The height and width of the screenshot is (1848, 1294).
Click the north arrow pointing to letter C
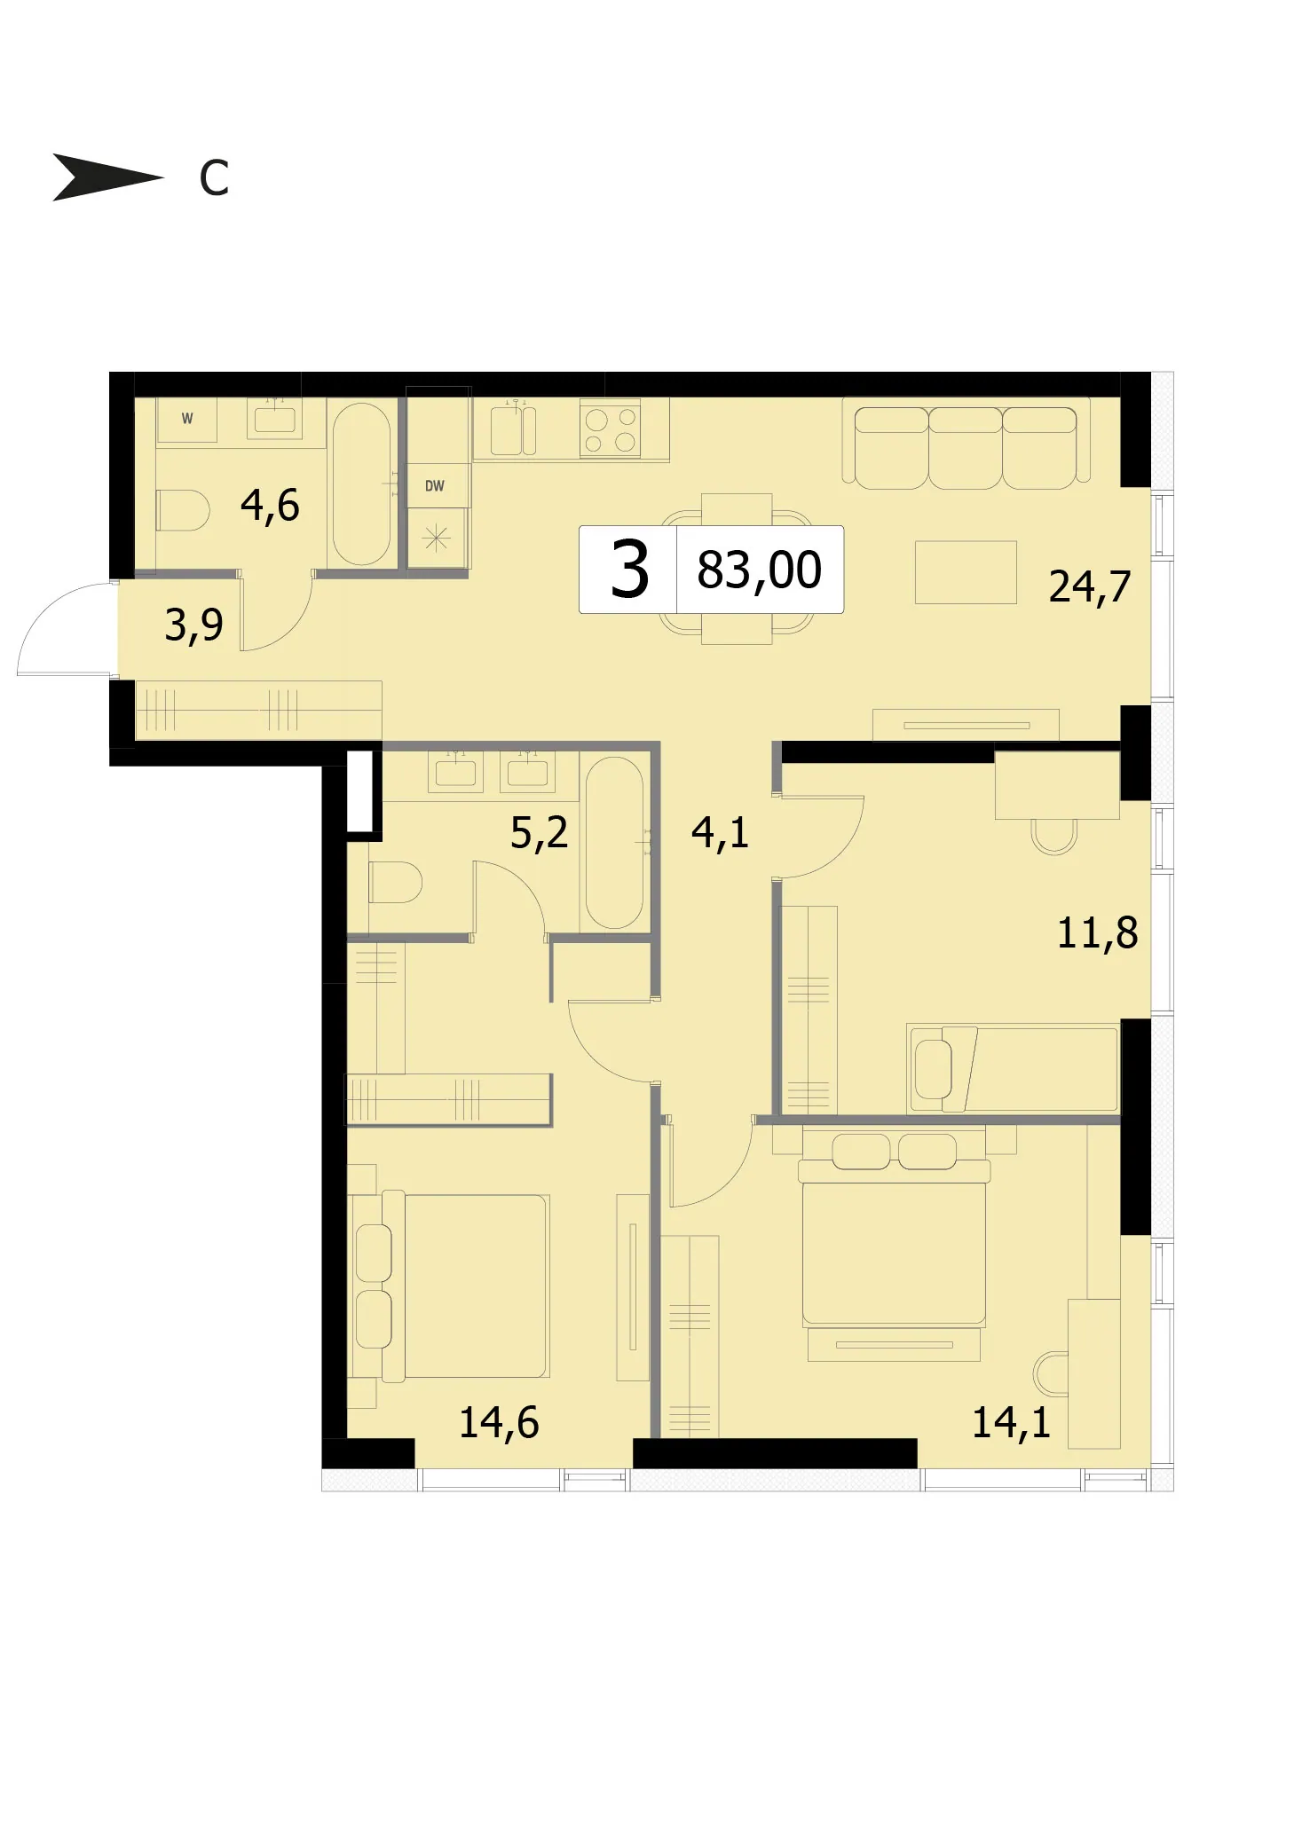click(107, 177)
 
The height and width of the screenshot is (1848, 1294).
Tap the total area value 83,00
click(759, 570)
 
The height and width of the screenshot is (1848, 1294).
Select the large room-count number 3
click(629, 571)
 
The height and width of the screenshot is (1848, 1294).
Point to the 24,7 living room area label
click(1090, 587)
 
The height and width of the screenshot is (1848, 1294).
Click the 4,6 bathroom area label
click(270, 506)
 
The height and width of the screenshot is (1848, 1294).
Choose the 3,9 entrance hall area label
click(193, 625)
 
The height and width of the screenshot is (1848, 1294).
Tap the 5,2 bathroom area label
click(539, 833)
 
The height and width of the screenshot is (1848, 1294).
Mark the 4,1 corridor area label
click(720, 833)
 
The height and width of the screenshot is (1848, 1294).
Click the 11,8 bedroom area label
click(1097, 933)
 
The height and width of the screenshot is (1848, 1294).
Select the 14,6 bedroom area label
click(499, 1422)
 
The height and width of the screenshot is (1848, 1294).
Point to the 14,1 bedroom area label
click(1011, 1422)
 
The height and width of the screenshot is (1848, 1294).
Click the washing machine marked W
click(187, 419)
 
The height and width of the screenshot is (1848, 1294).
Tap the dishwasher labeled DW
click(435, 485)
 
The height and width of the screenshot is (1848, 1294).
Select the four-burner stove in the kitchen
click(611, 429)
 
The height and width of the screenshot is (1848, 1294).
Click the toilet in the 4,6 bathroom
click(183, 511)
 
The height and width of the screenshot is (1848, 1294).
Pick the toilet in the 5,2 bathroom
click(395, 882)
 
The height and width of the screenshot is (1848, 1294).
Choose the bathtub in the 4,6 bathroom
click(361, 484)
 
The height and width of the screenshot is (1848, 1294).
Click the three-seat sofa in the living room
click(967, 443)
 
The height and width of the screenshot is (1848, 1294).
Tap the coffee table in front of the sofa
click(966, 572)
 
